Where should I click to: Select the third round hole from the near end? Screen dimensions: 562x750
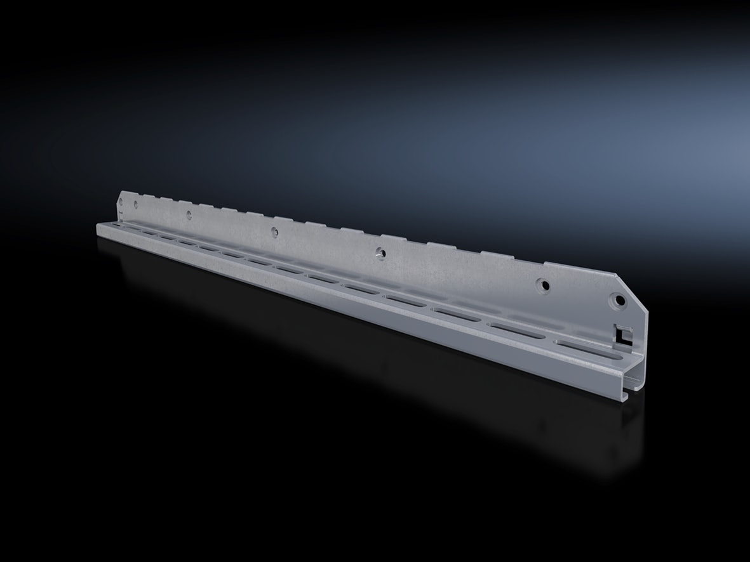click(380, 252)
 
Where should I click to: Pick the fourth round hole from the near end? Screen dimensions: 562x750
click(274, 230)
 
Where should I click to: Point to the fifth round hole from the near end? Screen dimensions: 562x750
click(189, 214)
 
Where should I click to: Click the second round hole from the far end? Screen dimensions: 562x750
click(135, 204)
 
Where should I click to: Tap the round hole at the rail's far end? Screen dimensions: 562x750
click(121, 202)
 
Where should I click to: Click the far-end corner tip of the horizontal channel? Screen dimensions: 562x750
click(97, 223)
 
